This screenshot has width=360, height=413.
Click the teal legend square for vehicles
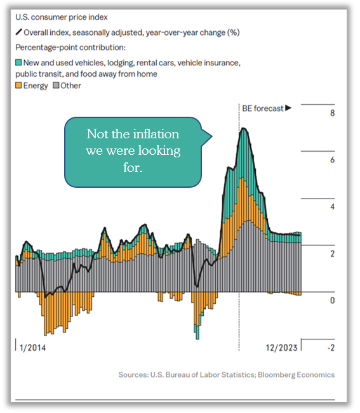(x=18, y=63)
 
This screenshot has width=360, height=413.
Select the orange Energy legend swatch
(x=18, y=86)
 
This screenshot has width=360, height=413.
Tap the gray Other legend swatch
(x=56, y=86)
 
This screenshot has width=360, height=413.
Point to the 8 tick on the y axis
(x=332, y=113)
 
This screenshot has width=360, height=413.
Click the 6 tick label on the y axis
(x=332, y=160)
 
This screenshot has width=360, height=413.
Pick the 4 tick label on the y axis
(x=332, y=207)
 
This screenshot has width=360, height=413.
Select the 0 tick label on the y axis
(x=332, y=301)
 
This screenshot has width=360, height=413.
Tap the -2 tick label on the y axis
(x=331, y=348)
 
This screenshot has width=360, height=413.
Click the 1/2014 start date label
(x=32, y=348)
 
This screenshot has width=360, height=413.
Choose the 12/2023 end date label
(x=281, y=348)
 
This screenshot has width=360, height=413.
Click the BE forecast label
(x=262, y=108)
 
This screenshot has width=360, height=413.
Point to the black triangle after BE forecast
(x=288, y=108)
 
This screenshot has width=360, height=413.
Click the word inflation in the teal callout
(x=156, y=134)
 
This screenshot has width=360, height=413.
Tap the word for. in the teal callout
(x=133, y=167)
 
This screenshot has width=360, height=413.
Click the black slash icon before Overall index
(x=18, y=32)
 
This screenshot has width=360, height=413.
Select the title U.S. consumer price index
(x=62, y=17)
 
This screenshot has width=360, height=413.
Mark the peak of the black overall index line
(x=244, y=128)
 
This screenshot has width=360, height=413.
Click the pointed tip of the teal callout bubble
(x=212, y=136)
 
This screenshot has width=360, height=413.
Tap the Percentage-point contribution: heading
(x=70, y=48)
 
